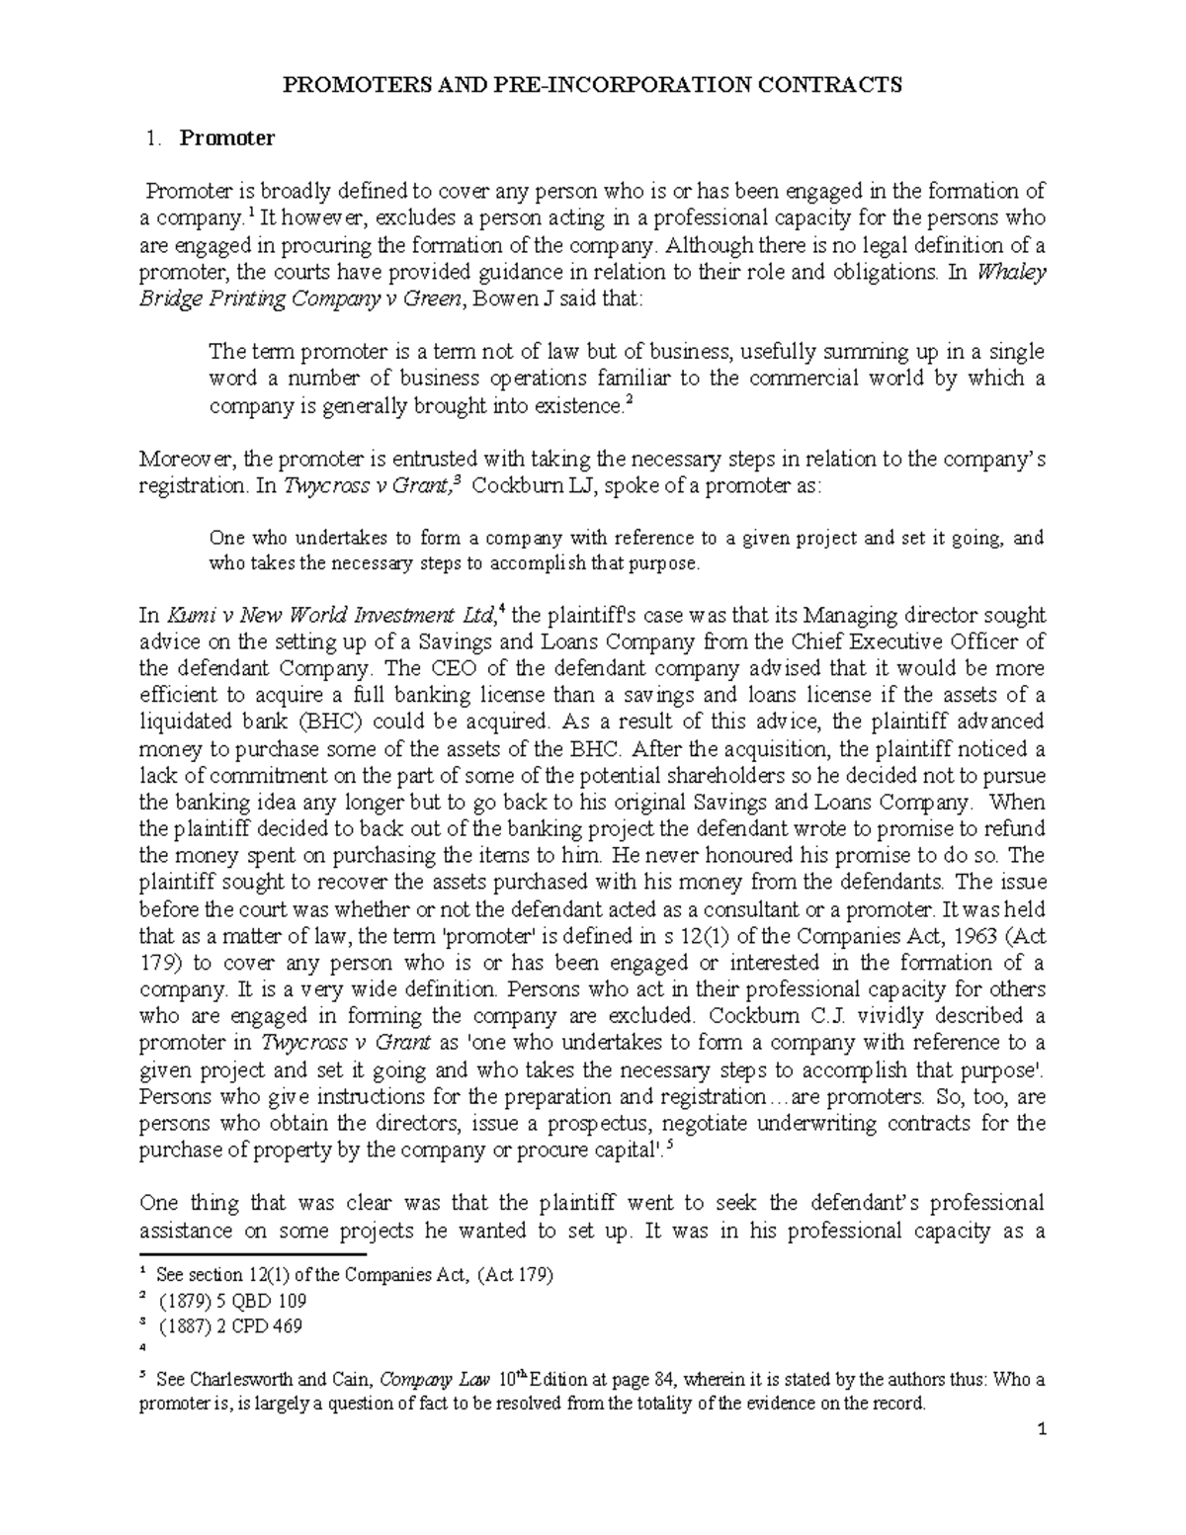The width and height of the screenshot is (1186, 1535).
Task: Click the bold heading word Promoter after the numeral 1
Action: click(226, 138)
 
